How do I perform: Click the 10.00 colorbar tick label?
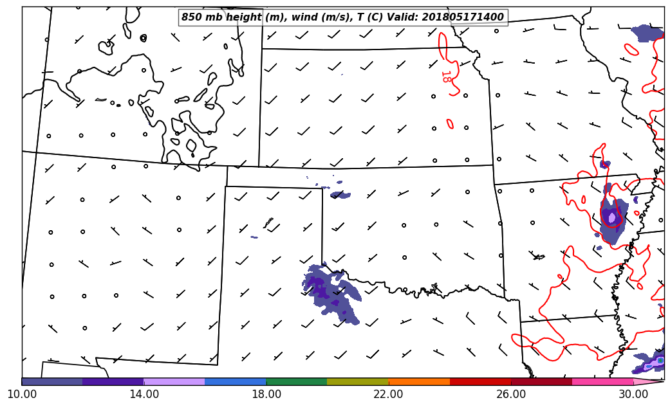click(x=22, y=393)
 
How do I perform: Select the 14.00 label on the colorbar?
click(x=144, y=393)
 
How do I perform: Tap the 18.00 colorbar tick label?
click(x=266, y=393)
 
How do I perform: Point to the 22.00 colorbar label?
click(x=389, y=393)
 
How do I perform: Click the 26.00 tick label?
click(x=511, y=393)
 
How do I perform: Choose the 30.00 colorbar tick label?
click(x=633, y=393)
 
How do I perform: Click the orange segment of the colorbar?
click(x=419, y=381)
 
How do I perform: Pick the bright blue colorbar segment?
click(x=236, y=381)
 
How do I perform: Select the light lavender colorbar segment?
click(x=174, y=381)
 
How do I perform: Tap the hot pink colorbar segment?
click(x=602, y=381)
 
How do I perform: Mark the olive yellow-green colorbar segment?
click(x=358, y=381)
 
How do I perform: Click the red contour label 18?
click(x=445, y=77)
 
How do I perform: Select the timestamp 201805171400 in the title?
click(x=463, y=17)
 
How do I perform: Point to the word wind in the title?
click(x=304, y=17)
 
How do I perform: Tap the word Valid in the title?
click(x=404, y=17)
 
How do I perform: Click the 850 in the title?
click(x=192, y=17)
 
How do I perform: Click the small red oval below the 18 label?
click(x=450, y=123)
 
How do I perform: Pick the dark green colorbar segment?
click(x=297, y=381)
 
